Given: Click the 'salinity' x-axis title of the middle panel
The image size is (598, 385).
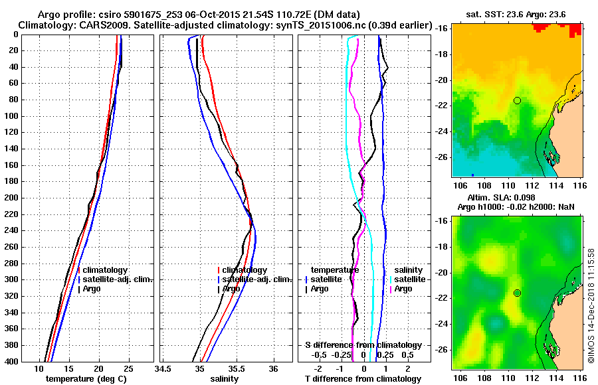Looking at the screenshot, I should pos(224,379).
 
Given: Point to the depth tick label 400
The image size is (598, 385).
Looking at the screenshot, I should pos(13,361).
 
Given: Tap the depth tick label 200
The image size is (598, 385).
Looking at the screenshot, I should pos(13,198).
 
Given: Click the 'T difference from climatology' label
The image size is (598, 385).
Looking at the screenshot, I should pos(363,379).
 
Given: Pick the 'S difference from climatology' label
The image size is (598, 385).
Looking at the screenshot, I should pos(363,345).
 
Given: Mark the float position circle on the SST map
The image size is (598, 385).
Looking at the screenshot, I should pos(517,100).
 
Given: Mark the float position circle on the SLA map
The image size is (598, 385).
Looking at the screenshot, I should pos(517,293).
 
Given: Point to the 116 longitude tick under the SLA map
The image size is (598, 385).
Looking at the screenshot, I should pos(579,376).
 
